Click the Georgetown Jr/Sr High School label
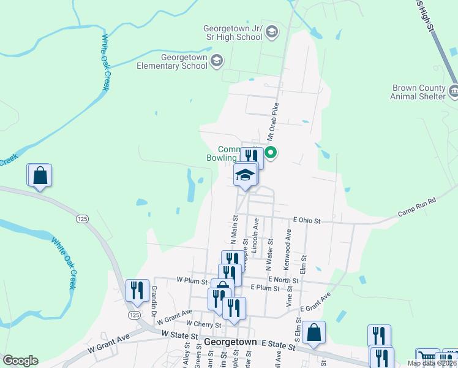coord(233,33)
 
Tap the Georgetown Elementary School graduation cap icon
coord(217,61)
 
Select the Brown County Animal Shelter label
coord(419,92)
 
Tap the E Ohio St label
coord(307,220)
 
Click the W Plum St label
coord(176,280)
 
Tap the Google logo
coord(20,361)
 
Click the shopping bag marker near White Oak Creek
coord(40,175)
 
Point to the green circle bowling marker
coord(270,153)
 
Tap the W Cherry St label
coord(199,323)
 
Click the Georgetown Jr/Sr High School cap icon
coord(271,32)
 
